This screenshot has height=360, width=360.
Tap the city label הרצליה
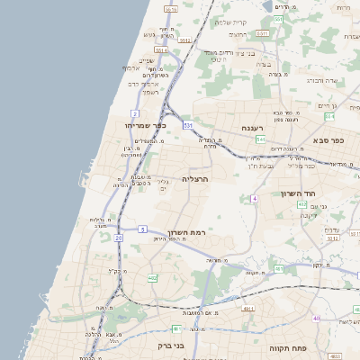click(x=195, y=179)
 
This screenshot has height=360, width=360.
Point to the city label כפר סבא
click(x=329, y=140)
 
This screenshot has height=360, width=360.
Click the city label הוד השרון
click(x=293, y=193)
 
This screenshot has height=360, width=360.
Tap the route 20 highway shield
click(x=117, y=238)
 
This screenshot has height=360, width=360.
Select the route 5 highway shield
click(x=142, y=229)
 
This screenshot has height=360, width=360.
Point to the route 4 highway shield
click(x=255, y=198)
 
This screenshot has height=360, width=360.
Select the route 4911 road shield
click(x=247, y=308)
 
